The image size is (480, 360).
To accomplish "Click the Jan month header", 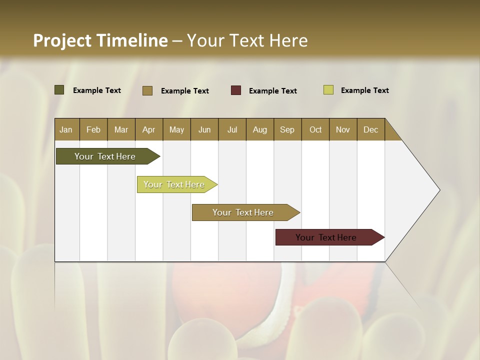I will [x=66, y=129].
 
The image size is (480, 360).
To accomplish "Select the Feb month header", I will [x=93, y=129].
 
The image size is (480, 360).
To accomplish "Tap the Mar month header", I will [x=121, y=129].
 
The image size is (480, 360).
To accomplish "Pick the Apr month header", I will [x=149, y=129].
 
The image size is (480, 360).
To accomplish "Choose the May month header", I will [x=176, y=129].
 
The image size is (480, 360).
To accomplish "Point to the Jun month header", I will [x=204, y=129].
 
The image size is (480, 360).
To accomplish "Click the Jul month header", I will [x=232, y=129].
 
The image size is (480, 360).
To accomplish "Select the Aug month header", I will [x=260, y=129].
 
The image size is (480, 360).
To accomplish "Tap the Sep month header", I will [x=287, y=129].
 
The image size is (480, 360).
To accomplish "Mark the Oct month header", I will [x=315, y=129].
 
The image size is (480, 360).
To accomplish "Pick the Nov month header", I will [x=343, y=129].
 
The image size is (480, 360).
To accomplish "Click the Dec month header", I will [x=371, y=129].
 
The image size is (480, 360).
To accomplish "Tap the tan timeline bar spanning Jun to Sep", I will [x=243, y=212].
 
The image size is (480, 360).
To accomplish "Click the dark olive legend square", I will [x=59, y=90].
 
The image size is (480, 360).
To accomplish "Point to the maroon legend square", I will [x=236, y=90].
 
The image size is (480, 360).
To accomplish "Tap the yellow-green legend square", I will [x=328, y=90].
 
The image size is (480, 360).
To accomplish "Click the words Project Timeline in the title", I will [x=100, y=40].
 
